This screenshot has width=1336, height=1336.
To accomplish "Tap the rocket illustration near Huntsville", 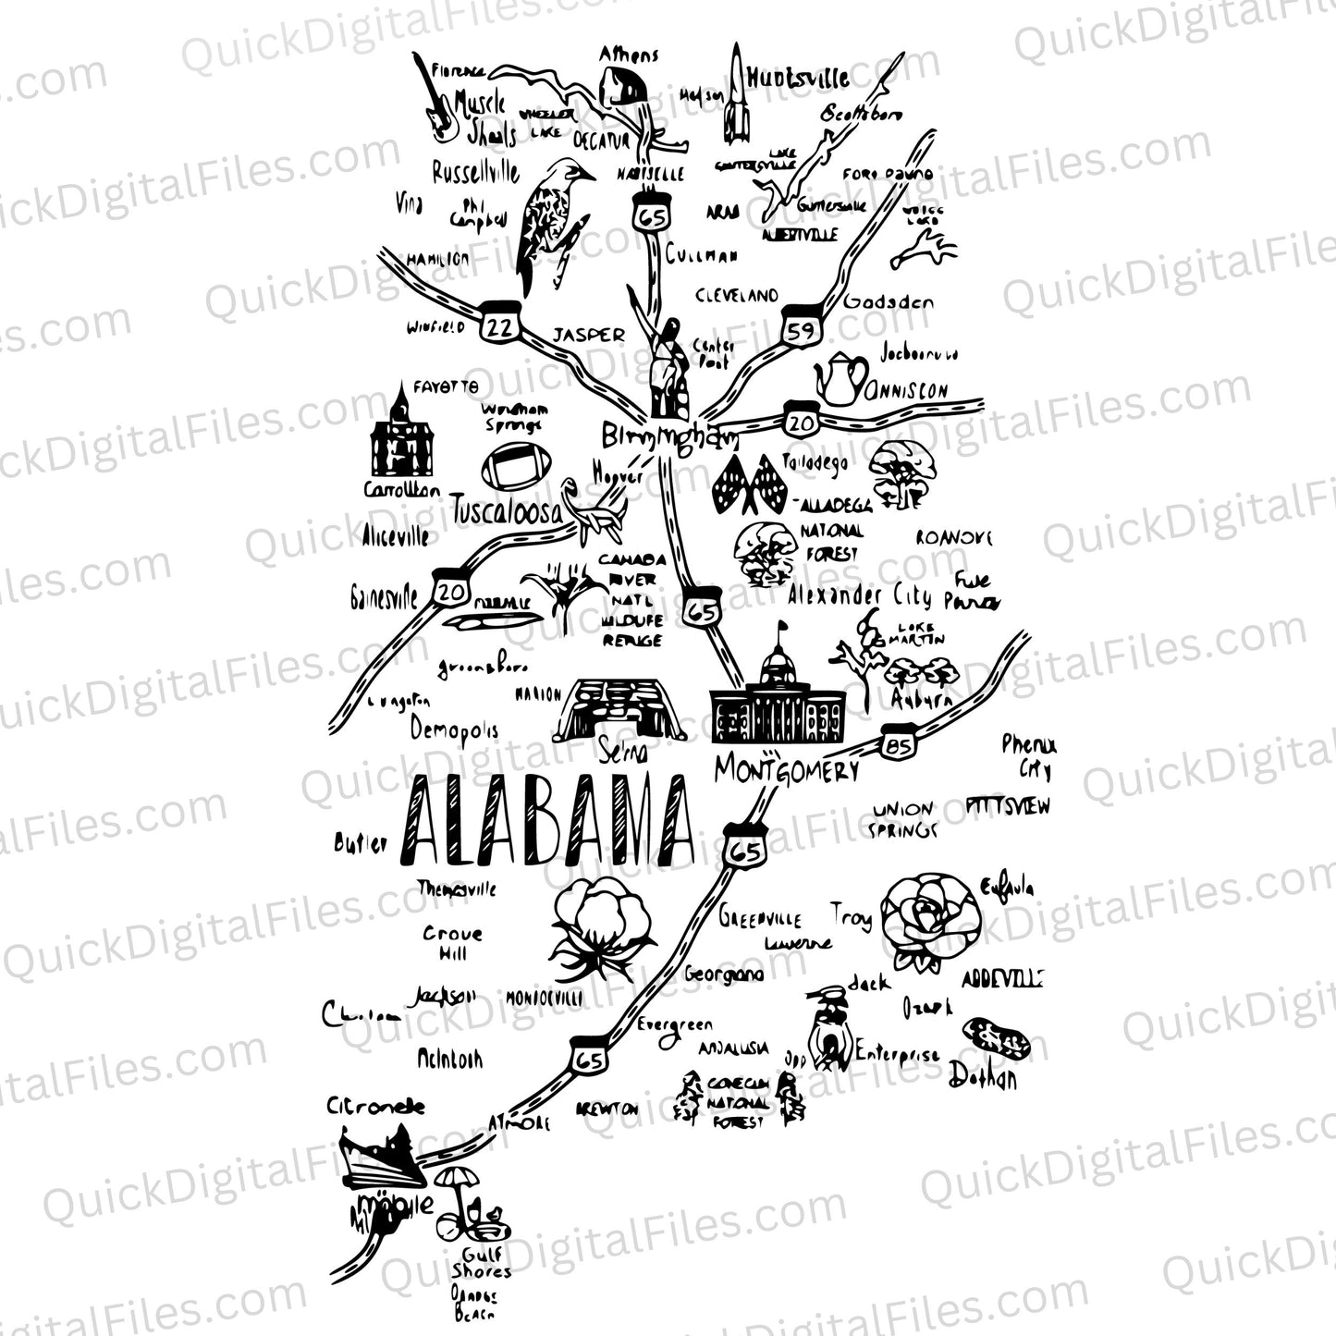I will tap(736, 97).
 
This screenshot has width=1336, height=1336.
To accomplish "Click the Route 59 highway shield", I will tap(801, 327).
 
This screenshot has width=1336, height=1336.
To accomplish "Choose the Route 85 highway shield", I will tap(897, 745).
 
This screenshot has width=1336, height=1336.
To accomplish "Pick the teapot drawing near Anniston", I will tap(840, 378).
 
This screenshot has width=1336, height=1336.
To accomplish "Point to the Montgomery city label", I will tap(787, 770).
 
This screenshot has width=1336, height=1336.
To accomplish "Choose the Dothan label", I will tap(982, 1078).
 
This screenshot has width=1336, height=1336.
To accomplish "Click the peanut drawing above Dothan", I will tap(997, 1038).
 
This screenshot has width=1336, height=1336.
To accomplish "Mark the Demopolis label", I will tap(454, 730).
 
